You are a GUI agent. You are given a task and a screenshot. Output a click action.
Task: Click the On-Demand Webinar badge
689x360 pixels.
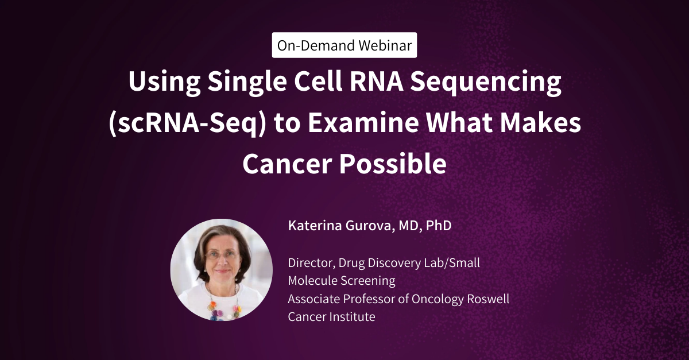[x=344, y=46]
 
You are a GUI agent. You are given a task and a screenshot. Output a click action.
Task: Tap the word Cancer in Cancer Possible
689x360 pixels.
[x=286, y=164]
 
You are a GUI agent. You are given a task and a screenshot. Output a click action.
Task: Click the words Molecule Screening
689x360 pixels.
[x=342, y=281]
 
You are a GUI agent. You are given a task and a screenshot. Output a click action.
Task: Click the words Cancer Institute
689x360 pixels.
[x=331, y=316]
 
